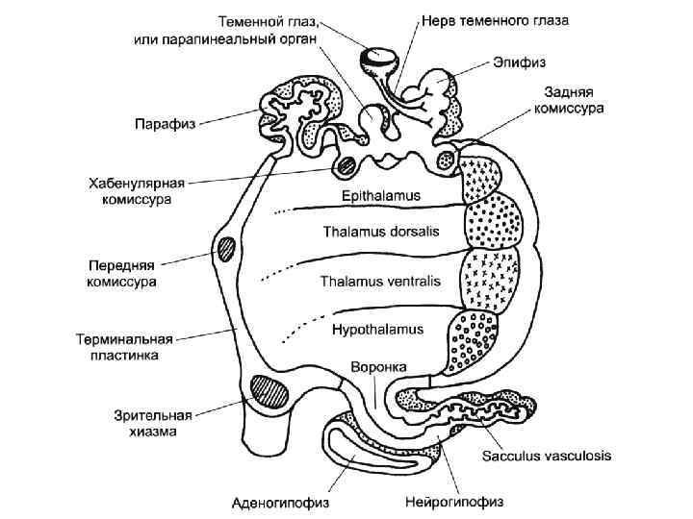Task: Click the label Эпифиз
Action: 522,62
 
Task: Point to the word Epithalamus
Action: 381,195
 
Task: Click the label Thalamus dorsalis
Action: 380,235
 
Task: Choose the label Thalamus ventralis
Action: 379,282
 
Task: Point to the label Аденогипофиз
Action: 278,501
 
